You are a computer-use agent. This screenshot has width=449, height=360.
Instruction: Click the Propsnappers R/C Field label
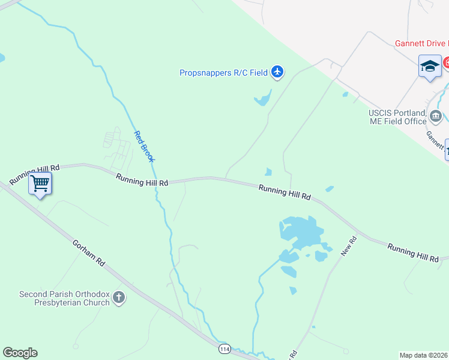point(223,73)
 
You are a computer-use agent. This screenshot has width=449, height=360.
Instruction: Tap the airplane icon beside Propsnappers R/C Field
point(277,73)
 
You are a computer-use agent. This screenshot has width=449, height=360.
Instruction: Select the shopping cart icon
point(40,183)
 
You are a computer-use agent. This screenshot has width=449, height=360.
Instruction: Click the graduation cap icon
point(430,66)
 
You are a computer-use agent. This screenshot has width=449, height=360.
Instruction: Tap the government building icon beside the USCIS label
point(436,116)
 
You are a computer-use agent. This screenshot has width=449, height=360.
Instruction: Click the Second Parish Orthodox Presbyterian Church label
point(64,298)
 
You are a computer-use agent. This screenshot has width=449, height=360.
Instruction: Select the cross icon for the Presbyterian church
point(119,298)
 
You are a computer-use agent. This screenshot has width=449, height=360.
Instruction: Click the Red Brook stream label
point(144,146)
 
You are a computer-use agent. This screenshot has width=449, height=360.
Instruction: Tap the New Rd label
point(349,246)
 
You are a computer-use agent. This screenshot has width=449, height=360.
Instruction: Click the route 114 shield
point(224,349)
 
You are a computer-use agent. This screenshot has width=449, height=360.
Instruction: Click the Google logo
point(20,353)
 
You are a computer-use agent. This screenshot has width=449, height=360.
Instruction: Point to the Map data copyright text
point(424,355)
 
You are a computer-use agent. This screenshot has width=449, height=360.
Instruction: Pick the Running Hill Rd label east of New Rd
point(413,253)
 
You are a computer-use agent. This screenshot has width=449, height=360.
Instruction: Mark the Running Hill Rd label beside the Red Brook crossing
point(142,179)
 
